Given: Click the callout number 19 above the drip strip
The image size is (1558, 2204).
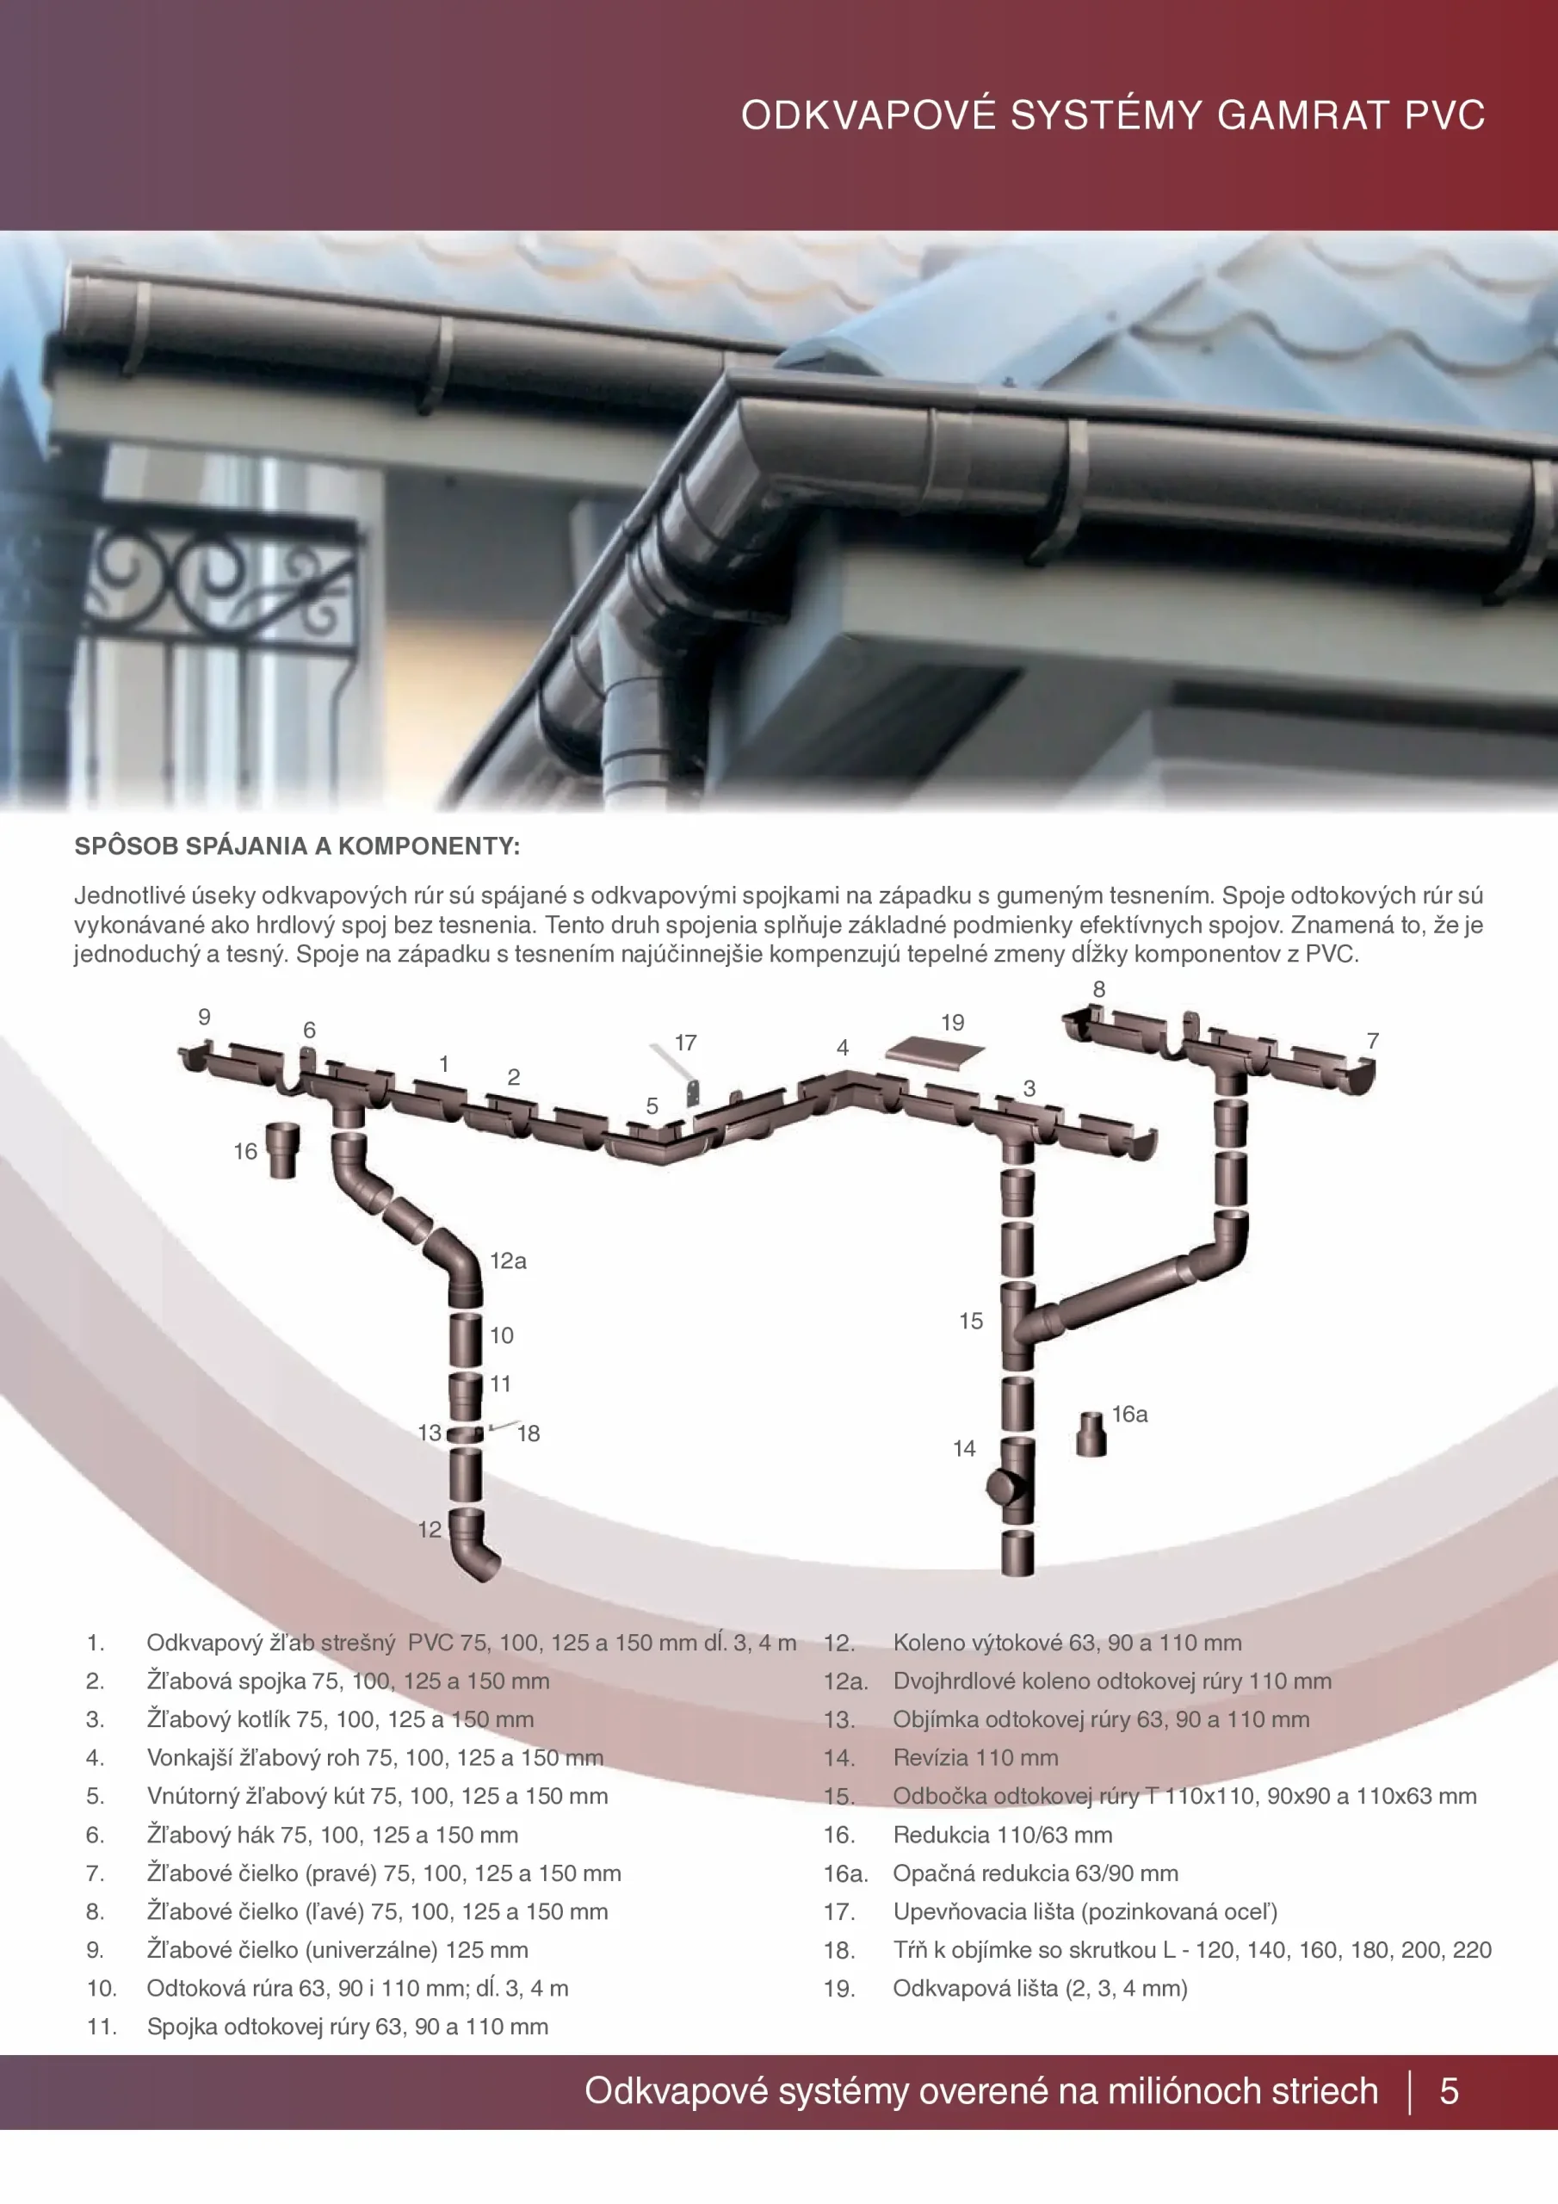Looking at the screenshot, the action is pyautogui.click(x=952, y=1022).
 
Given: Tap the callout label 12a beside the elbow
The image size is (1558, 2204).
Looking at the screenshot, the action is pyautogui.click(x=508, y=1260).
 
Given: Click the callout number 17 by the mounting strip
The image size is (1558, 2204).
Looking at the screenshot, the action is pyautogui.click(x=684, y=1043).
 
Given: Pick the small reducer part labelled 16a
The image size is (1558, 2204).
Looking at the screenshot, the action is pyautogui.click(x=1091, y=1435).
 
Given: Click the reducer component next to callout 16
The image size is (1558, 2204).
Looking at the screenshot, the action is pyautogui.click(x=283, y=1150).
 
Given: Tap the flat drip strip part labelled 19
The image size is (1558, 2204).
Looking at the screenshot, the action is pyautogui.click(x=935, y=1054).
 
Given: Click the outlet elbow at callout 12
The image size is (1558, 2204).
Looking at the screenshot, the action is pyautogui.click(x=474, y=1545).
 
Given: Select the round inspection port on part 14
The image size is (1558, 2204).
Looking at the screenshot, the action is pyautogui.click(x=1002, y=1489).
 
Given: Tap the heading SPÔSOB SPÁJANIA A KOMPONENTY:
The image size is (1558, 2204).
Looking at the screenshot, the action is pyautogui.click(x=298, y=845).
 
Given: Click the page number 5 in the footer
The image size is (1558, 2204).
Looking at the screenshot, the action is pyautogui.click(x=1450, y=2090).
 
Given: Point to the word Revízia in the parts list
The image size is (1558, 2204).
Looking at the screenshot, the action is pyautogui.click(x=928, y=1758).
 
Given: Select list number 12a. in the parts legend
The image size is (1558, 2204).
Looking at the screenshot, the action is pyautogui.click(x=846, y=1681).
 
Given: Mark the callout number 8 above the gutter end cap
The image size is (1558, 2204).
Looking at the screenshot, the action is pyautogui.click(x=1099, y=988).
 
